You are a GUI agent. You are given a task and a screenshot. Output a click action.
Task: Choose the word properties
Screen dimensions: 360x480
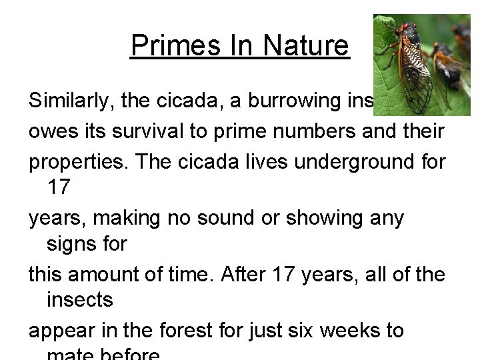point(77,160)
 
